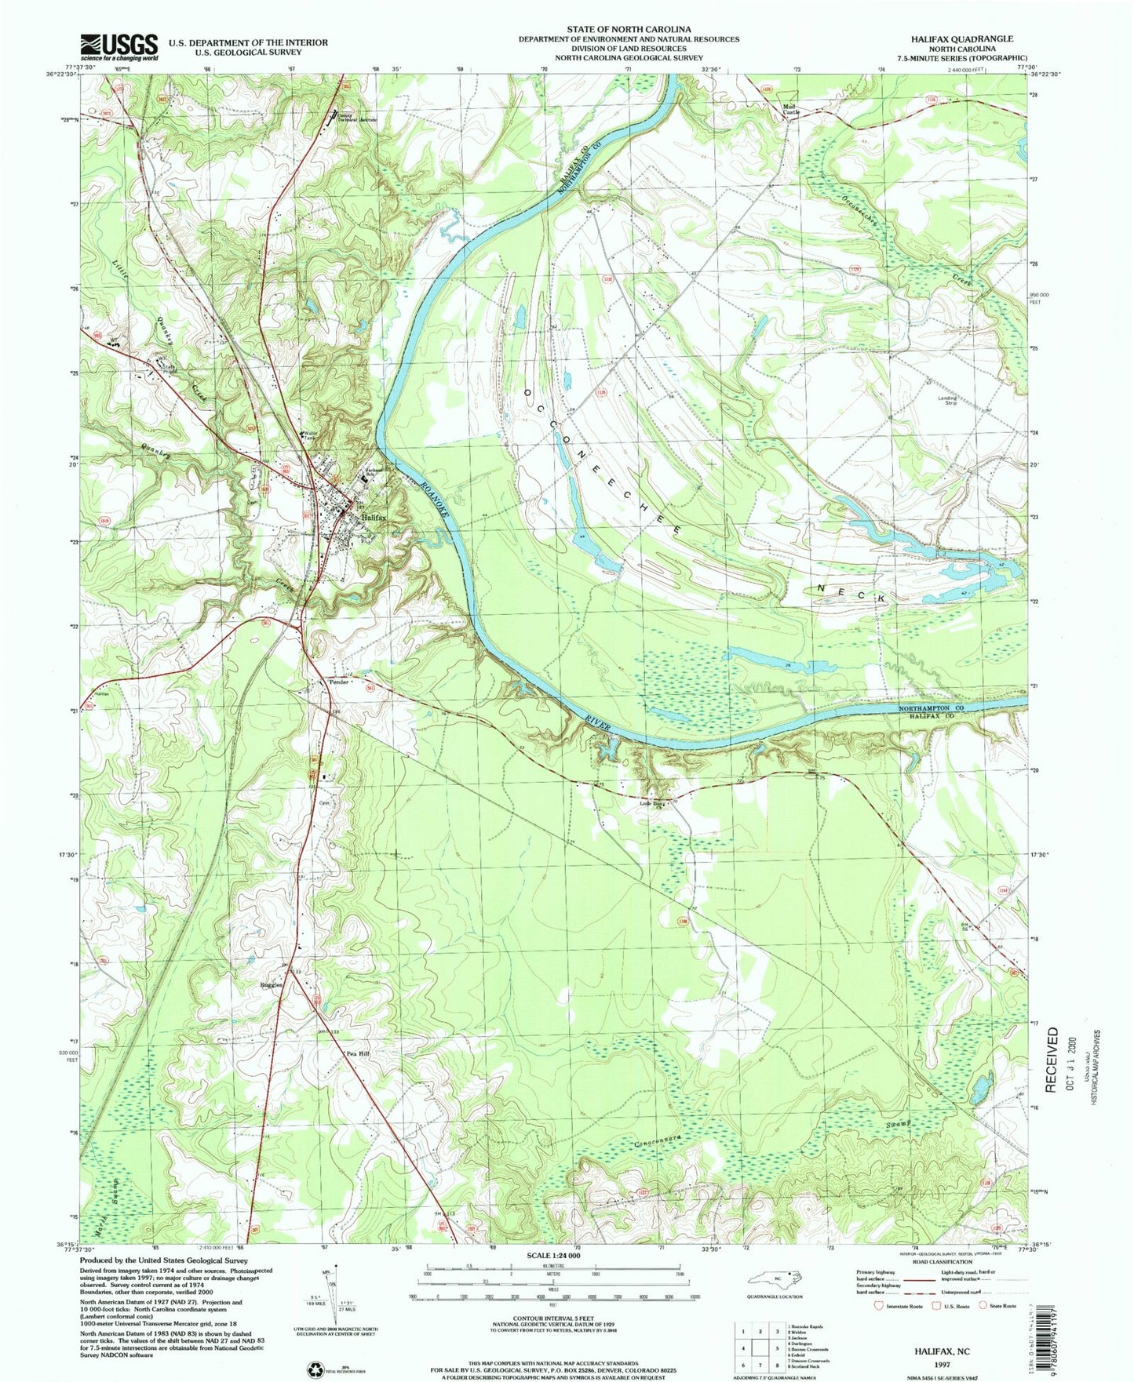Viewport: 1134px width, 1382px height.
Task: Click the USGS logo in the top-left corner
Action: click(x=119, y=47)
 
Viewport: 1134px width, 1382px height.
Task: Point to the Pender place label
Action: click(x=339, y=682)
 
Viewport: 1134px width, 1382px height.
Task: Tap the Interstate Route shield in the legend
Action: click(x=877, y=1328)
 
